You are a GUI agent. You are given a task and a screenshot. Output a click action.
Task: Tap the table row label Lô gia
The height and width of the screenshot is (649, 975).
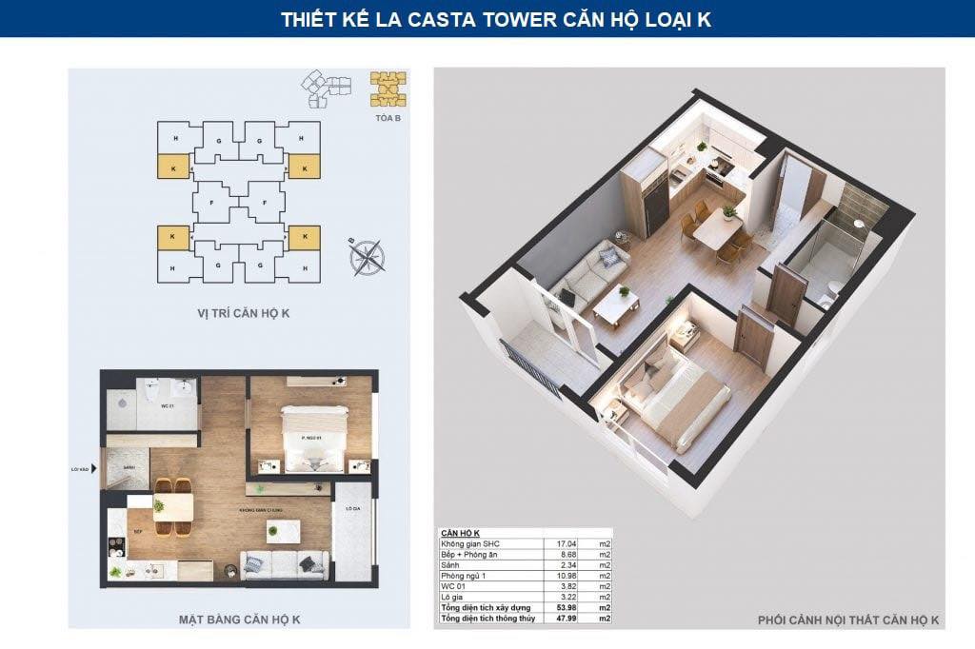[452, 600]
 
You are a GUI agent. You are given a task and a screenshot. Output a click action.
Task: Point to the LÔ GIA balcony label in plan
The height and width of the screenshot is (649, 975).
[352, 509]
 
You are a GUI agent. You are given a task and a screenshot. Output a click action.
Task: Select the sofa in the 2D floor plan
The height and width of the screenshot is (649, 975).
[284, 565]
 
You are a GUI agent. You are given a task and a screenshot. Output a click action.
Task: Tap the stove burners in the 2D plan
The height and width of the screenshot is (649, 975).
[116, 545]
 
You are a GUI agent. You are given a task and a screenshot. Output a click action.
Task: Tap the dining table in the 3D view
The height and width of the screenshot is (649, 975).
[715, 228]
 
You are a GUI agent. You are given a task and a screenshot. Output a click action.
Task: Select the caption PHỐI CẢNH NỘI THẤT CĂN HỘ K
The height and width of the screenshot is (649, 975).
[848, 620]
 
